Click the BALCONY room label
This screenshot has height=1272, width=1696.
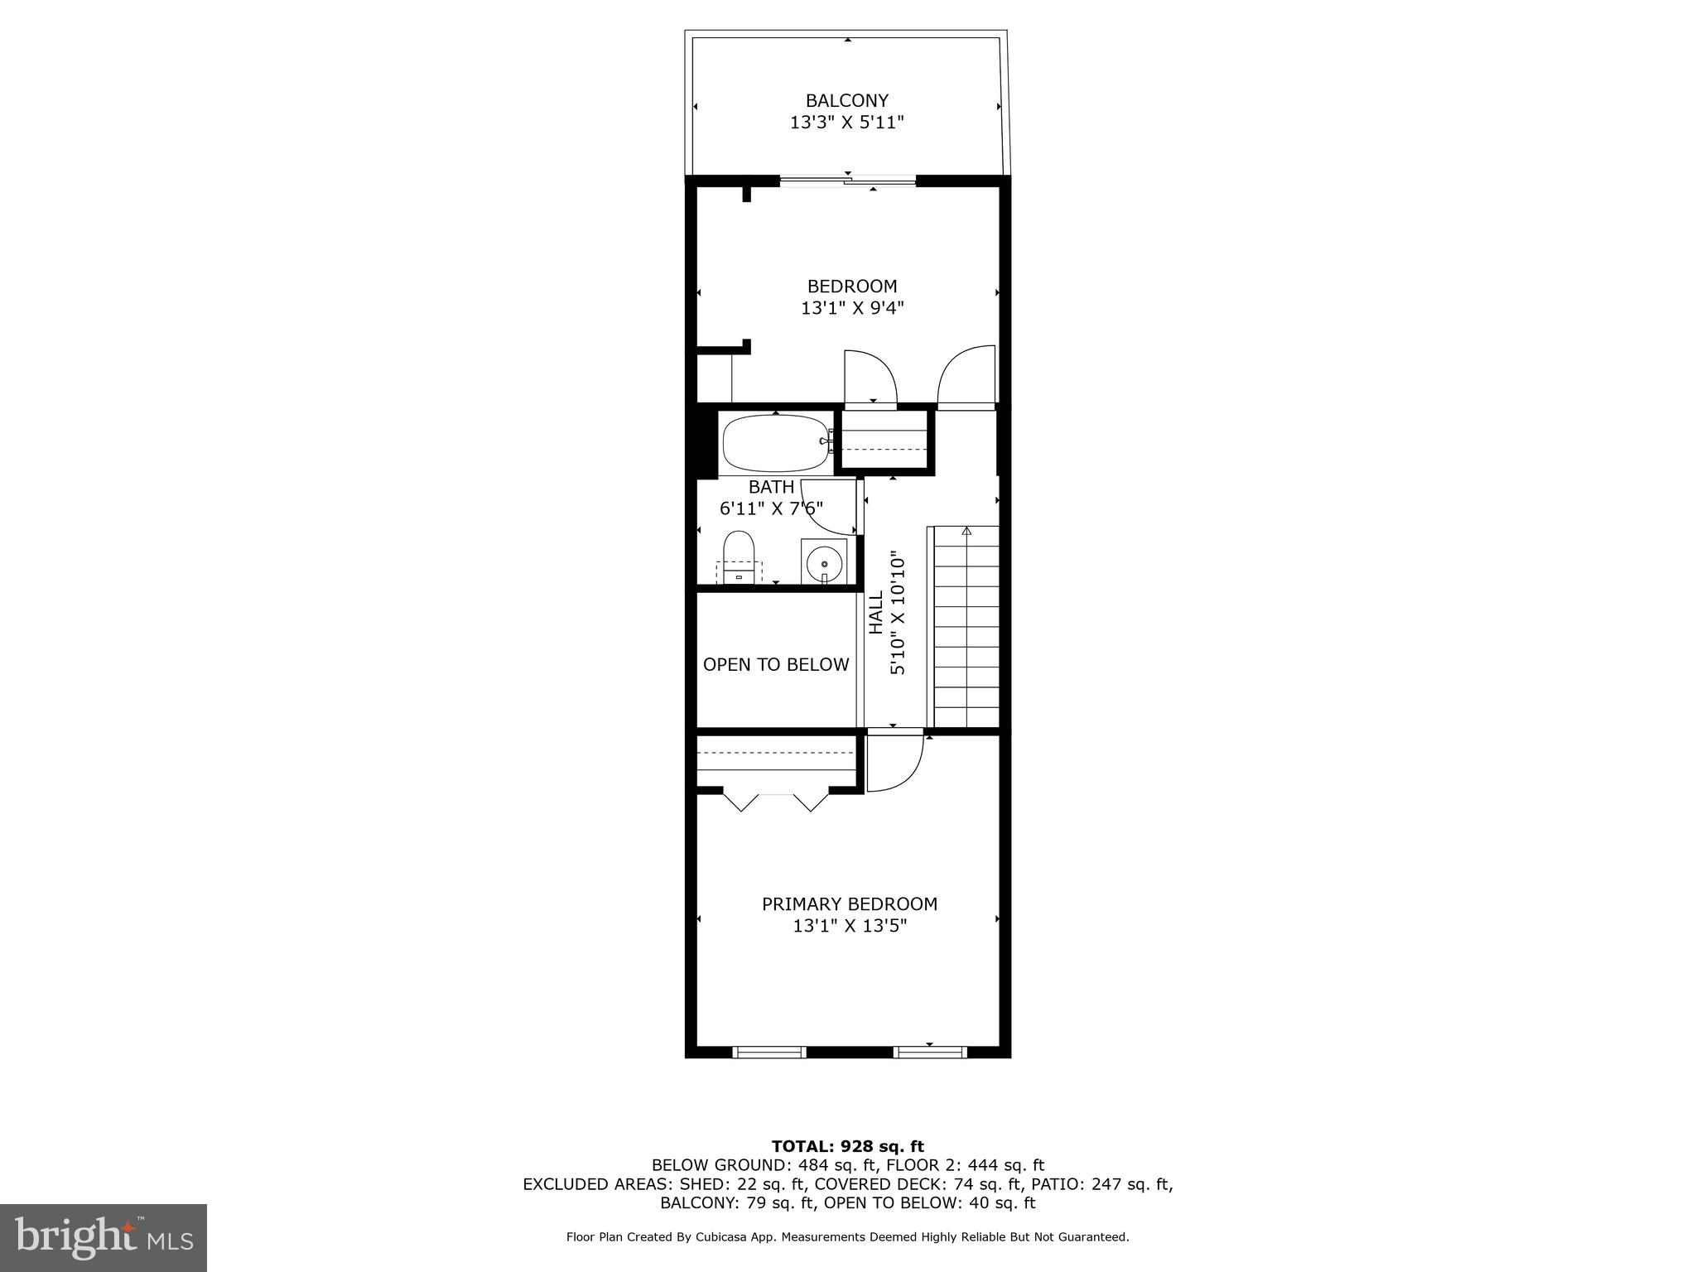[x=846, y=101]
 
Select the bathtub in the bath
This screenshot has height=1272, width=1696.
[x=775, y=443]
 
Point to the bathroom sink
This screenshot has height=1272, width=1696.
[x=824, y=562]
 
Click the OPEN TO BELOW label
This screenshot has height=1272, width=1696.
[x=776, y=664]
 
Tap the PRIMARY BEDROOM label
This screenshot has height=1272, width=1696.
[x=849, y=904]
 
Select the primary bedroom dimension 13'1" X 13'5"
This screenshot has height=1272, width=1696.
[x=850, y=926]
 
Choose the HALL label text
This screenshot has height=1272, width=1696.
[x=875, y=613]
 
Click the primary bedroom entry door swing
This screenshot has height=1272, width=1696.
[x=895, y=762]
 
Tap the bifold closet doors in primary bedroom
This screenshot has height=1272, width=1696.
[x=775, y=801]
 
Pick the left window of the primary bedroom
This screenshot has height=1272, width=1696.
[x=769, y=1053]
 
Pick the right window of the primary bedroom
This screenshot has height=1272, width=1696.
[x=930, y=1053]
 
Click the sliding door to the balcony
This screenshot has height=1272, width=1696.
[x=848, y=181]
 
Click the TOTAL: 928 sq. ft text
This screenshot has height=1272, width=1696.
[x=847, y=1146]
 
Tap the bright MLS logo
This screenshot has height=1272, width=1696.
[x=103, y=1237]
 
